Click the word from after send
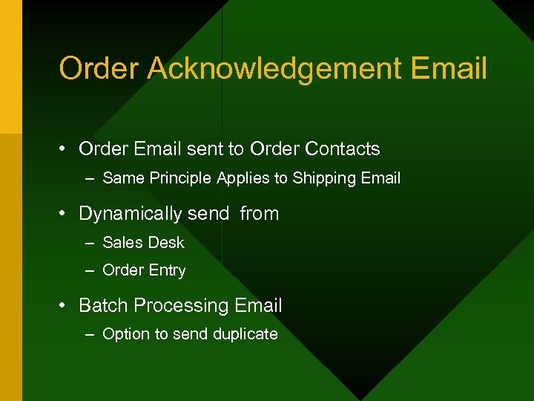point(259,214)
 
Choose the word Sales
point(122,243)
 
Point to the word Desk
point(165,243)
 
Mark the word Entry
point(166,271)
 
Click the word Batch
point(101,306)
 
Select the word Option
point(126,335)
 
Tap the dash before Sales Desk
point(90,243)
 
